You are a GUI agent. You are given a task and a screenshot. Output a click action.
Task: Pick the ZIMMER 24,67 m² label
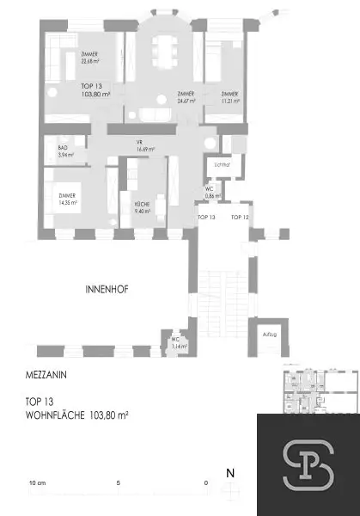185,96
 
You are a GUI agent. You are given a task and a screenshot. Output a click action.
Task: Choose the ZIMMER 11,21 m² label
229,96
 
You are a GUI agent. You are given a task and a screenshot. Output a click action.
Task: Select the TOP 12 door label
240,218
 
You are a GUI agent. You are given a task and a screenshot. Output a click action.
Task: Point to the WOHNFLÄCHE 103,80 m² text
76,415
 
